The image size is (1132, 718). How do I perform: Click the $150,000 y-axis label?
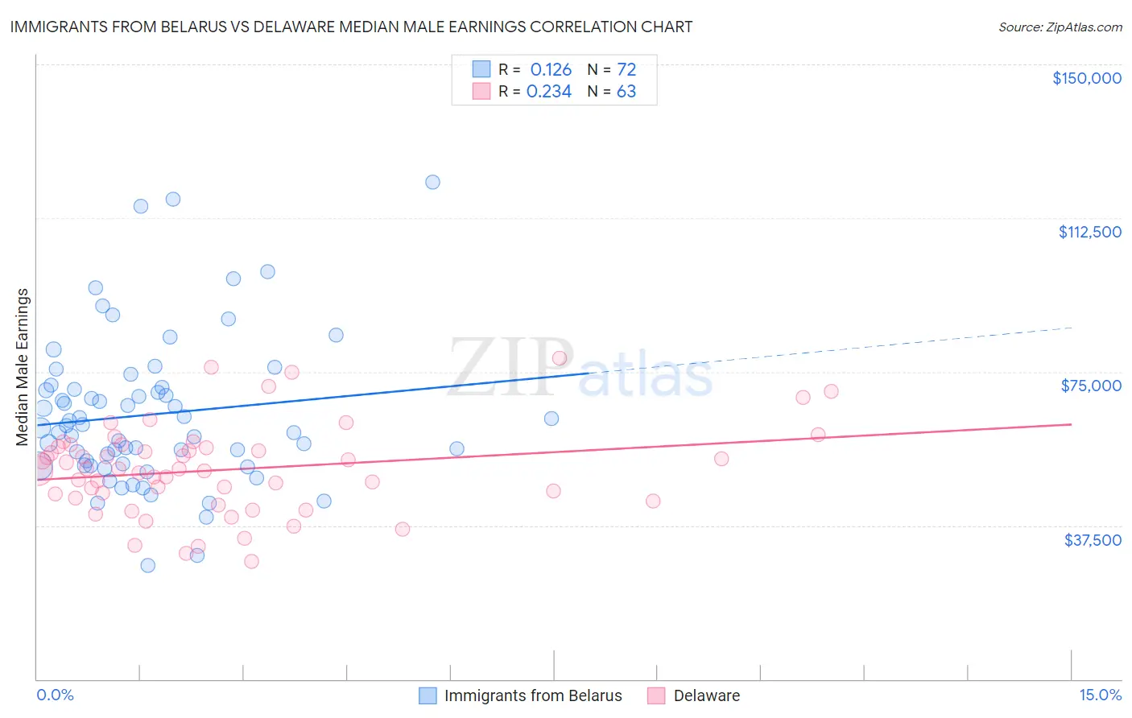pyautogui.click(x=1086, y=78)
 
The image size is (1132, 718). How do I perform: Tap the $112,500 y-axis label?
pyautogui.click(x=1089, y=232)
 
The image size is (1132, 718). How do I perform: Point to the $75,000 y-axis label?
pyautogui.click(x=1091, y=386)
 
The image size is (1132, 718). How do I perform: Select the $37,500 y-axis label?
pyautogui.click(x=1093, y=540)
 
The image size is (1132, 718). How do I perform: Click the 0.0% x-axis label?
pyautogui.click(x=55, y=695)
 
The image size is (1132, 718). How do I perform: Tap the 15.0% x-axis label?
pyautogui.click(x=1100, y=695)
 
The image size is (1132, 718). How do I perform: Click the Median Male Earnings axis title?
pyautogui.click(x=22, y=367)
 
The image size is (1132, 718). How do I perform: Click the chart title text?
pyautogui.click(x=351, y=27)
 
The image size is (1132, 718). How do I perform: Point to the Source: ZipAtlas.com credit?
pyautogui.click(x=1060, y=27)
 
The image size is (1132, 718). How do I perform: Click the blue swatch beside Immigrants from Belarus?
pyautogui.click(x=428, y=695)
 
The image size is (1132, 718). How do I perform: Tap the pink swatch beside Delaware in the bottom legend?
pyautogui.click(x=657, y=695)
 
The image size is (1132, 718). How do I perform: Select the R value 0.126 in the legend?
pyautogui.click(x=551, y=69)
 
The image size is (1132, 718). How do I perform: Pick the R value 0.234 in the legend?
pyautogui.click(x=549, y=92)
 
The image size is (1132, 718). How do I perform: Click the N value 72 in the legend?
pyautogui.click(x=626, y=69)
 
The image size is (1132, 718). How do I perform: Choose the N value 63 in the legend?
pyautogui.click(x=626, y=92)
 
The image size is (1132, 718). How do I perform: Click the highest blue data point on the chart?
pyautogui.click(x=432, y=182)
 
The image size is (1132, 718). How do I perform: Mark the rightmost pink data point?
pyautogui.click(x=831, y=391)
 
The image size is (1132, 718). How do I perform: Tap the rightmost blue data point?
pyautogui.click(x=552, y=419)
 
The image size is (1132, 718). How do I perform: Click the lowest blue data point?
pyautogui.click(x=148, y=565)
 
